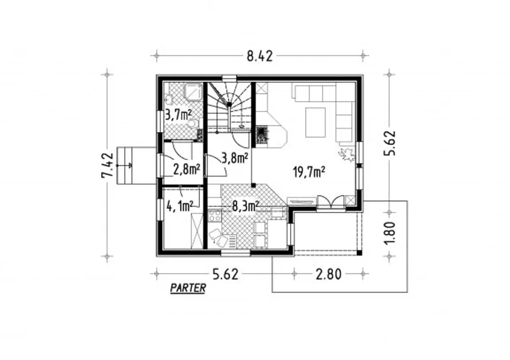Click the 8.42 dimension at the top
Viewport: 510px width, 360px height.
[259, 56]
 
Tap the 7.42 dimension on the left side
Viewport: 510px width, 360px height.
[107, 165]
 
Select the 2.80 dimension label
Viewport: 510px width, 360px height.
[329, 274]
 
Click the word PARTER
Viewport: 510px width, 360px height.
[188, 288]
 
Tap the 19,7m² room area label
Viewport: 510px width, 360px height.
[309, 172]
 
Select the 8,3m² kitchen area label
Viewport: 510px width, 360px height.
[245, 206]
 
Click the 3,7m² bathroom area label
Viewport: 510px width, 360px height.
[178, 115]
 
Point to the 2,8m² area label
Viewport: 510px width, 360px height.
[187, 170]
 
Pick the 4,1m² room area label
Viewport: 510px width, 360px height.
[180, 206]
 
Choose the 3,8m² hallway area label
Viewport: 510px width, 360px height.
[235, 158]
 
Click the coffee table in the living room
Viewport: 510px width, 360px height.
[315, 123]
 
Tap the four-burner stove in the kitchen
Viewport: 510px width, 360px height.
[214, 215]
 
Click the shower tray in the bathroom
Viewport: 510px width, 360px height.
[194, 92]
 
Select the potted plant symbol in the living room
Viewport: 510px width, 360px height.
[347, 155]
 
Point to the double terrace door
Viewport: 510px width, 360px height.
[331, 202]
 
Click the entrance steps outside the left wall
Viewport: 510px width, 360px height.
[125, 166]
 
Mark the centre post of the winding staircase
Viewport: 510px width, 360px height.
[229, 104]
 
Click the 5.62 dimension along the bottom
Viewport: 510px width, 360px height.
[226, 274]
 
